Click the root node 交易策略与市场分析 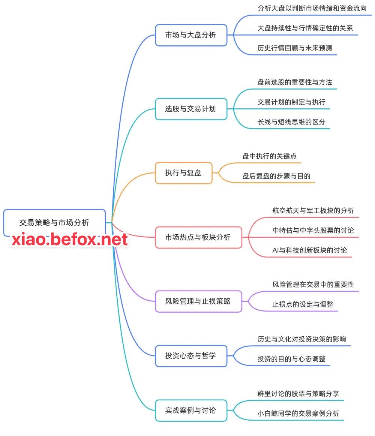[x=54, y=222]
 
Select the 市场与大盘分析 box [x=191, y=35]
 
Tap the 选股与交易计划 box [x=191, y=109]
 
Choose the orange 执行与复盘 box [x=183, y=173]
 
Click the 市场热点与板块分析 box [x=198, y=237]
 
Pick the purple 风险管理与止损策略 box [x=198, y=301]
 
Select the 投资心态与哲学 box [x=191, y=356]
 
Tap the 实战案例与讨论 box [x=191, y=411]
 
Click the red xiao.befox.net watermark [x=70, y=240]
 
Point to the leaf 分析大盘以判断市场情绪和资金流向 [x=312, y=8]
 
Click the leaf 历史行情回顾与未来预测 [x=295, y=48]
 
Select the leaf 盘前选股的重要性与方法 [x=295, y=82]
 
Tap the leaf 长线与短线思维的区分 [x=291, y=122]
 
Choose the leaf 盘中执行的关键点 [x=269, y=156]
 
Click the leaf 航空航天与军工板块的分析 [x=313, y=210]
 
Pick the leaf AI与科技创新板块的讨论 [x=310, y=250]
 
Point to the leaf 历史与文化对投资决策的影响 [x=302, y=339]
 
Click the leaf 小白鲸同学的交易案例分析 [x=298, y=414]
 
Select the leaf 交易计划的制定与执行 [x=291, y=102]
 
